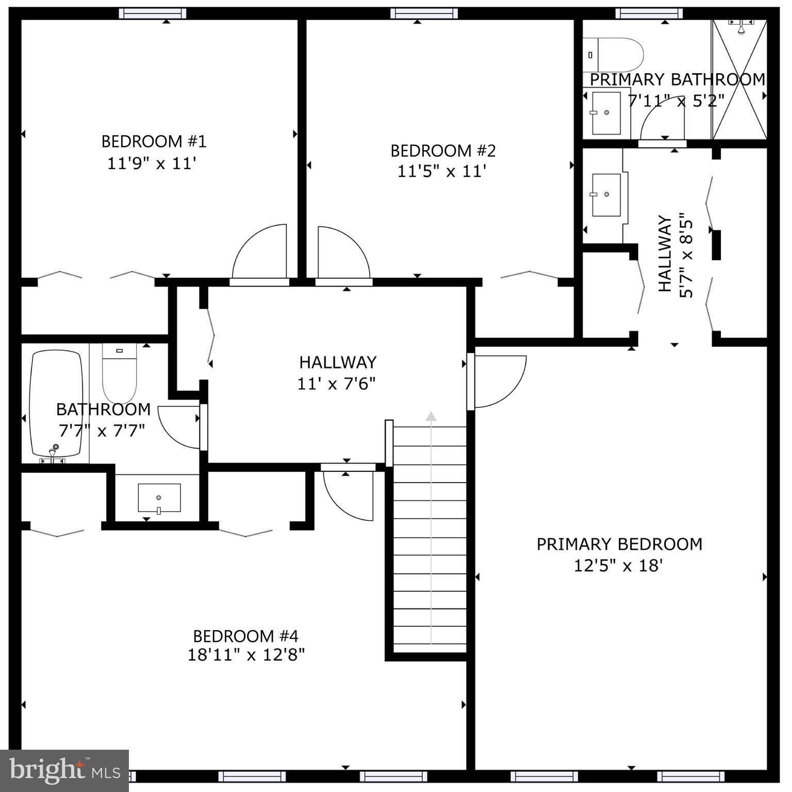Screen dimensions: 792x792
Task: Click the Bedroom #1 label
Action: (154, 141)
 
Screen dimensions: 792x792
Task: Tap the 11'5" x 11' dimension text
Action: (442, 171)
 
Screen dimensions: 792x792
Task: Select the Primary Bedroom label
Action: (619, 544)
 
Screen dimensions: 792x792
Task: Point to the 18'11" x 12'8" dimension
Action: (246, 655)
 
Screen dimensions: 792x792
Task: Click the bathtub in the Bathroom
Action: (56, 403)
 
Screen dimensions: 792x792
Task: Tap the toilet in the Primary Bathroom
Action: (614, 55)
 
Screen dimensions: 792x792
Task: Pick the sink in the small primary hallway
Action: (606, 195)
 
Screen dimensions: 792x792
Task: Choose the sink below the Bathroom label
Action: (159, 498)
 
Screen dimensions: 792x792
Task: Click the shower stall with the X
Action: (739, 80)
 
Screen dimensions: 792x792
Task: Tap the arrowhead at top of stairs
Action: (431, 416)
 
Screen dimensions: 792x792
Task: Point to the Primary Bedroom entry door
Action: (498, 382)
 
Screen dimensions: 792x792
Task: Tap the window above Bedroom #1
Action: (152, 13)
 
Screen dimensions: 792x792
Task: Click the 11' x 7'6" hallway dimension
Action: (336, 384)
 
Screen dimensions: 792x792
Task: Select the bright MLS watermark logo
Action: (64, 770)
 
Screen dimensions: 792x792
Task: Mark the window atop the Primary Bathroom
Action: (649, 13)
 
